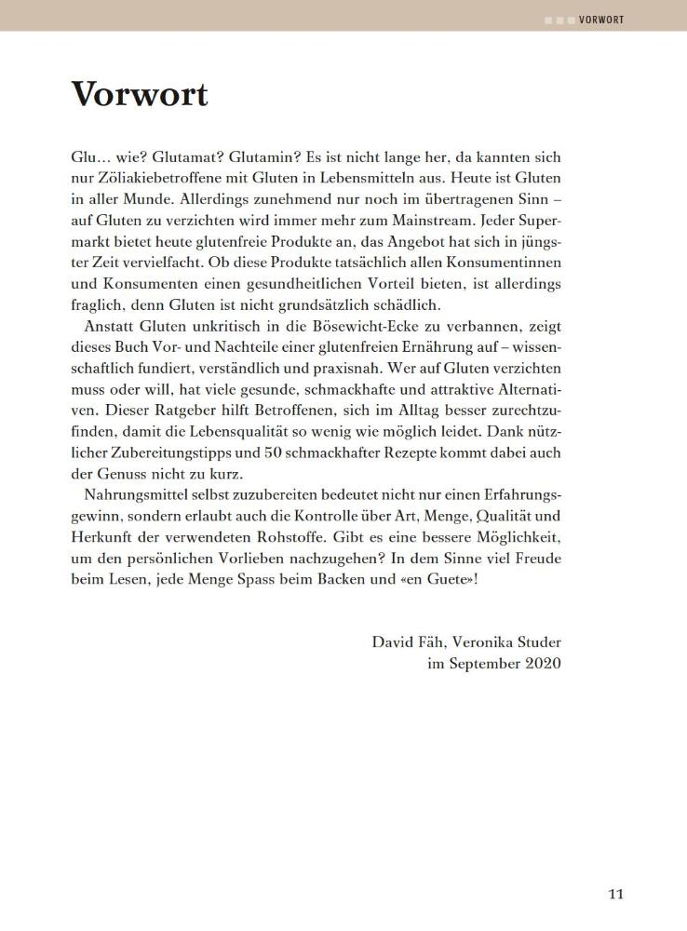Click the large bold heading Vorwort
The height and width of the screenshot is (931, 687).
tap(140, 94)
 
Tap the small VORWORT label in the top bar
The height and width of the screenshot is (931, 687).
tap(600, 20)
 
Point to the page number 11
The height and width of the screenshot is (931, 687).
tap(615, 895)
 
